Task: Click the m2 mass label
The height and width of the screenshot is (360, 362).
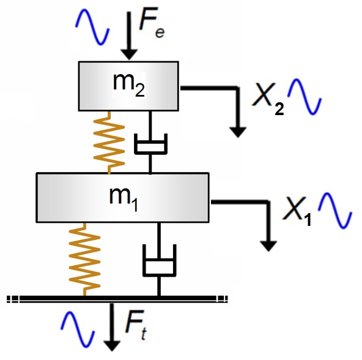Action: (129, 84)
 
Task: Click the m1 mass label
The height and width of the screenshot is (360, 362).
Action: (124, 199)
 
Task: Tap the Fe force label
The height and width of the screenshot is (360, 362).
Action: (152, 22)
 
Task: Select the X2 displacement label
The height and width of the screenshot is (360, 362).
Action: (268, 99)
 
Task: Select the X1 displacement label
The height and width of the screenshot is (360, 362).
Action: (297, 211)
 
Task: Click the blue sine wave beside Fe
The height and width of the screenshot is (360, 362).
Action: (92, 27)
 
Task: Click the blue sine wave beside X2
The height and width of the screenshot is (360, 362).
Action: (305, 97)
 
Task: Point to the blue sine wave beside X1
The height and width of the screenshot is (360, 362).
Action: (335, 211)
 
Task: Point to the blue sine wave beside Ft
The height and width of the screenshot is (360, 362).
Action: (78, 329)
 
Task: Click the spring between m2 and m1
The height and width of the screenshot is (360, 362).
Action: (109, 143)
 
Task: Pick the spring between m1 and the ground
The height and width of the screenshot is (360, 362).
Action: (85, 259)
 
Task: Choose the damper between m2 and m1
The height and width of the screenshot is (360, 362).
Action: (150, 143)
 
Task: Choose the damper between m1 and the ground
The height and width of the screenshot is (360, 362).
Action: (159, 259)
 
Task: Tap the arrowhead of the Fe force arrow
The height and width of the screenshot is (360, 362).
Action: (129, 54)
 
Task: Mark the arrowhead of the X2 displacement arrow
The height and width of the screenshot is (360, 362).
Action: (238, 132)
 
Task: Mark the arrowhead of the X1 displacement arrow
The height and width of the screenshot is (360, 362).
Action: (268, 246)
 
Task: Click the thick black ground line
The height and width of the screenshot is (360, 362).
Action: (117, 299)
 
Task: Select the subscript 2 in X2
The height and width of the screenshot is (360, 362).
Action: (279, 108)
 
